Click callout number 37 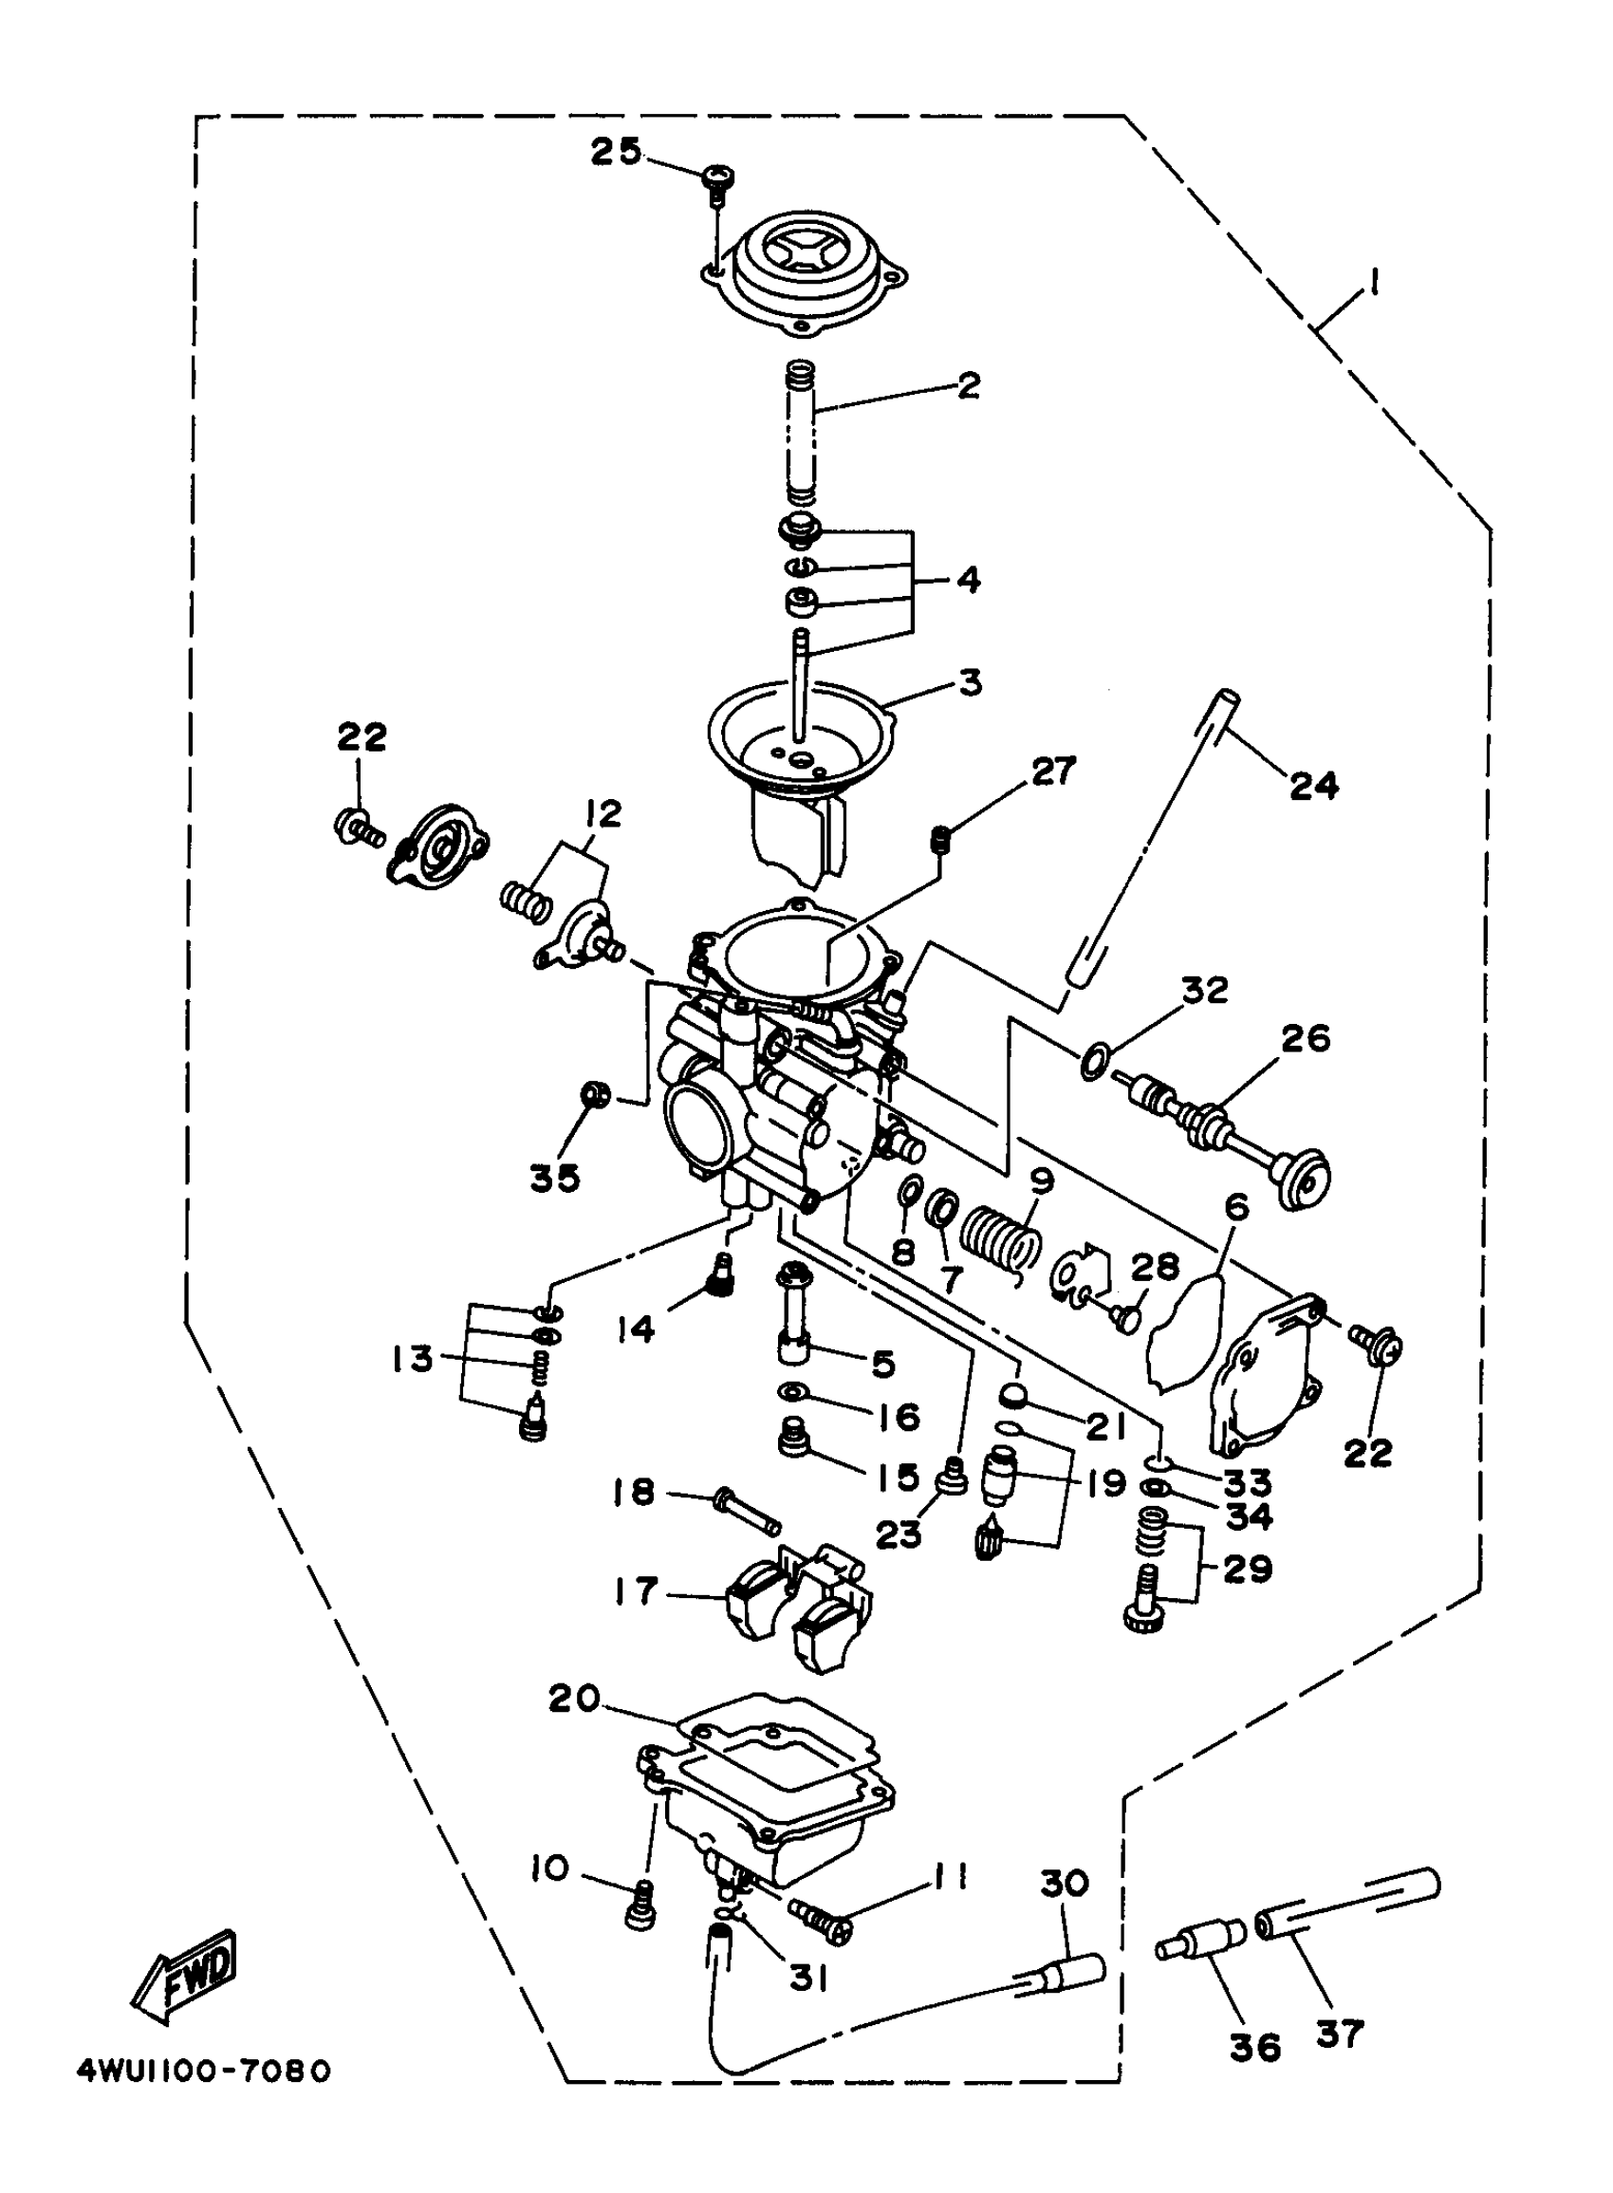1339,2035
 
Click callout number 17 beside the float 636,1590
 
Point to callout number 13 411,1358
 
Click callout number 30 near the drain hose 1064,1883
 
